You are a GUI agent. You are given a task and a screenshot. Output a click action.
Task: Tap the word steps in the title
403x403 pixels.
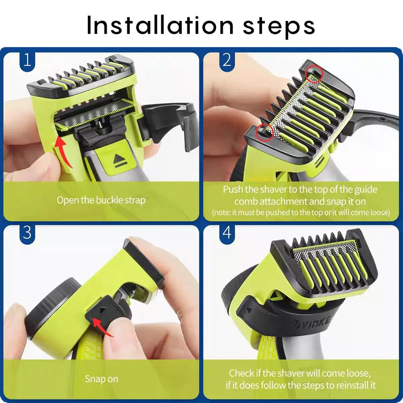click(279, 27)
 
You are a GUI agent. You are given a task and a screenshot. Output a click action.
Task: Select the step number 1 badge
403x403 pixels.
click(27, 61)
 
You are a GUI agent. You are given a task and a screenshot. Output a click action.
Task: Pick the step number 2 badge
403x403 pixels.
click(227, 61)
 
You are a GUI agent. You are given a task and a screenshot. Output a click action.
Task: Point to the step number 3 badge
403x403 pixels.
click(27, 234)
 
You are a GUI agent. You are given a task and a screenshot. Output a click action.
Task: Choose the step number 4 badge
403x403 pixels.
click(227, 234)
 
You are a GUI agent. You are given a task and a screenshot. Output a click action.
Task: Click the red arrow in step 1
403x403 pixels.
click(62, 152)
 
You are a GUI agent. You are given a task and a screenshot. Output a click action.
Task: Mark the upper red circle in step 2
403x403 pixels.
click(314, 74)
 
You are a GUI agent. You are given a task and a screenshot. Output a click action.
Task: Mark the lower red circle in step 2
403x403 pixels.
click(264, 132)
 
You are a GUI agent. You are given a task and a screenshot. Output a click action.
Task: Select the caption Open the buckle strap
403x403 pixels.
click(101, 200)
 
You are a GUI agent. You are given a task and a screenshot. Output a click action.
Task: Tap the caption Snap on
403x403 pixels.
click(101, 379)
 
